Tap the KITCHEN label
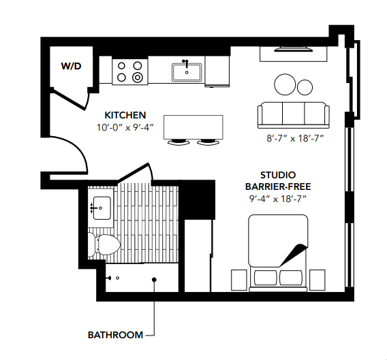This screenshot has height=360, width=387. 125,114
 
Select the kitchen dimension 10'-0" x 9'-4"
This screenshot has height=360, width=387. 125,127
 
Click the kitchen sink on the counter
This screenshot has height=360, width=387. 185,71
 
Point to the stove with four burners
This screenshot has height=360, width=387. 129,71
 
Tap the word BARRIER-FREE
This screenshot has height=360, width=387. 277,186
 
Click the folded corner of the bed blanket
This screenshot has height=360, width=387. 292,252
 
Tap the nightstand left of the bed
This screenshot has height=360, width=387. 238,279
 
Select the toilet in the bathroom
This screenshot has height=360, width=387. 104,244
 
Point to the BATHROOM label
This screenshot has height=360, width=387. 115,335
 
